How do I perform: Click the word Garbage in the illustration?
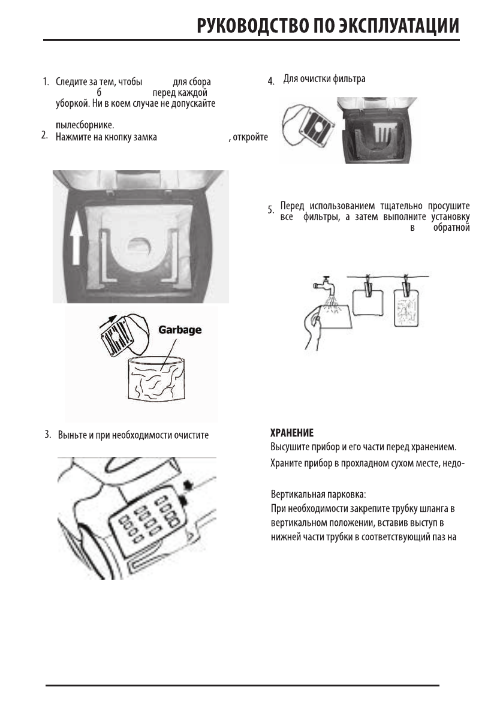(179, 330)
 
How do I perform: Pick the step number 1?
(45, 82)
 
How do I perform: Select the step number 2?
(44, 135)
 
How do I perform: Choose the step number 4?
(271, 81)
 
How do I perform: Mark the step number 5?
(271, 210)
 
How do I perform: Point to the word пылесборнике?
(85, 125)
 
